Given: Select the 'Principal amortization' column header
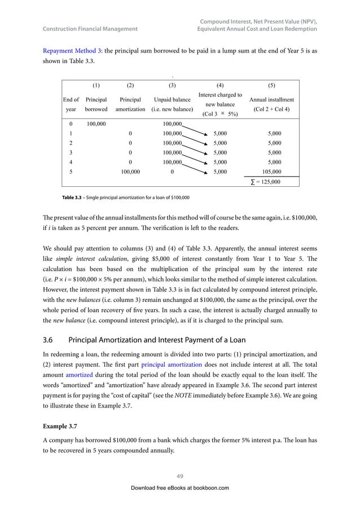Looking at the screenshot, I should [130, 104].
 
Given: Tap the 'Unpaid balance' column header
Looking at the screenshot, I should [173, 104].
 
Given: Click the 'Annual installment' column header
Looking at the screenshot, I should [271, 104].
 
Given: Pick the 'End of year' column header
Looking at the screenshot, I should [71, 104].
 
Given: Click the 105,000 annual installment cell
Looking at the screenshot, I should [271, 171].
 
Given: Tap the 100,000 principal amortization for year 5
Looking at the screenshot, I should [131, 171].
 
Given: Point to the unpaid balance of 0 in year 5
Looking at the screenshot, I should [172, 171].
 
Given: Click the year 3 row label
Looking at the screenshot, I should [71, 152].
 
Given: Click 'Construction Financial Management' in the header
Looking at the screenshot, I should [90, 29].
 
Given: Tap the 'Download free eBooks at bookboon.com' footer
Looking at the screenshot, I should [180, 488].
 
